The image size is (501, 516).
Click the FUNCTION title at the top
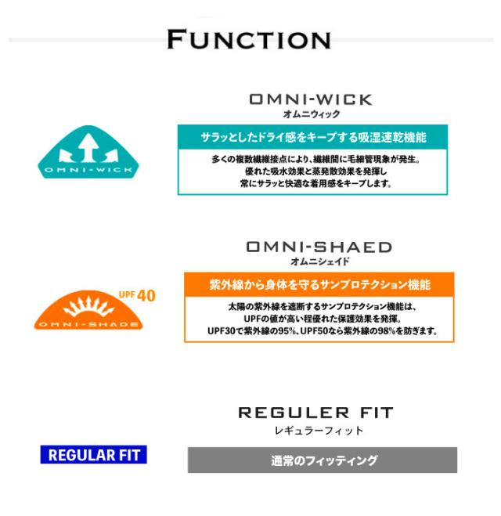coord(248,39)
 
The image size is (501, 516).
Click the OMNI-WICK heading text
coord(310,100)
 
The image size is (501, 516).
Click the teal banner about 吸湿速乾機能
coord(312,137)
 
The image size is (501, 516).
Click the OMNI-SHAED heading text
coord(319,247)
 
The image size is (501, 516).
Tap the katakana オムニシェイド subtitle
coord(319,262)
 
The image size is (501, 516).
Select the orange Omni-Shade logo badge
coord(88,313)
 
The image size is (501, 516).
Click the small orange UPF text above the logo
coord(126,294)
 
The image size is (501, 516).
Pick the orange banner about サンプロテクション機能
coord(319,284)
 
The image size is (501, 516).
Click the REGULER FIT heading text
coord(315,413)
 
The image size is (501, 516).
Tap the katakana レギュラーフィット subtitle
coord(315,431)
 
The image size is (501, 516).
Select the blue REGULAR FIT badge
coord(93,455)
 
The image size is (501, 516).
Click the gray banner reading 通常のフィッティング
coord(323,460)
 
